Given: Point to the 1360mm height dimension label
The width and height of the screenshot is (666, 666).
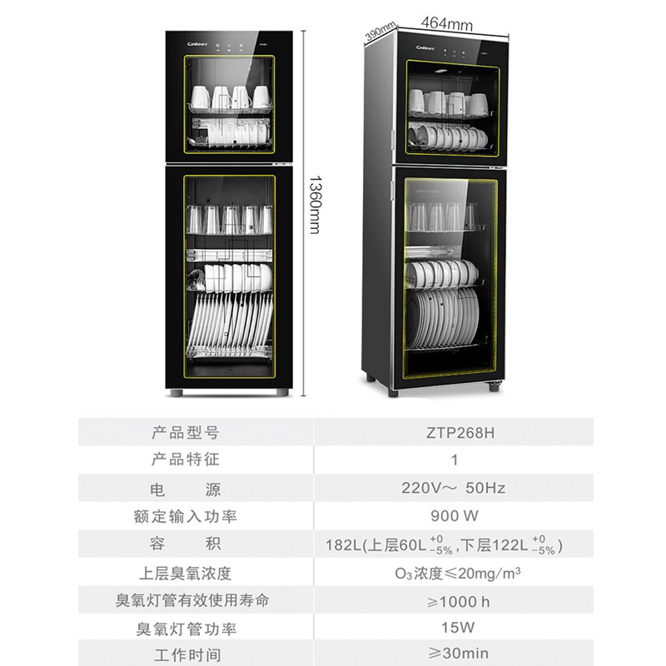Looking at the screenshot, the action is tap(314, 204).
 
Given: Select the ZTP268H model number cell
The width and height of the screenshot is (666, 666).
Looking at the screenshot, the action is tap(454, 432).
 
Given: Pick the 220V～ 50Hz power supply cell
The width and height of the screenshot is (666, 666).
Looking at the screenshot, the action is tap(454, 488).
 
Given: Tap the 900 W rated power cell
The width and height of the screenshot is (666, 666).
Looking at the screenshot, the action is tap(454, 516).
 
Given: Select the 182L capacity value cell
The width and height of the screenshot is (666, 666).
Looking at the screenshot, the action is tap(454, 545).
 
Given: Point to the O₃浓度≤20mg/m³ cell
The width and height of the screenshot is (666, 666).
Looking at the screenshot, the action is tap(454, 573).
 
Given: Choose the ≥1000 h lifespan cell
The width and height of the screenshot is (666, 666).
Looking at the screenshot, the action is tap(454, 600).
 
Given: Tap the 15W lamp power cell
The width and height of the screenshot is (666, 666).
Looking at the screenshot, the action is tap(454, 629).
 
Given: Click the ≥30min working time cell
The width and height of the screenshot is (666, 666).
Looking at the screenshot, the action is tap(454, 654).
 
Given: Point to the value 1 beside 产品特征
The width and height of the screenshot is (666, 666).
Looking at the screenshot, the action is tap(454, 460).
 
